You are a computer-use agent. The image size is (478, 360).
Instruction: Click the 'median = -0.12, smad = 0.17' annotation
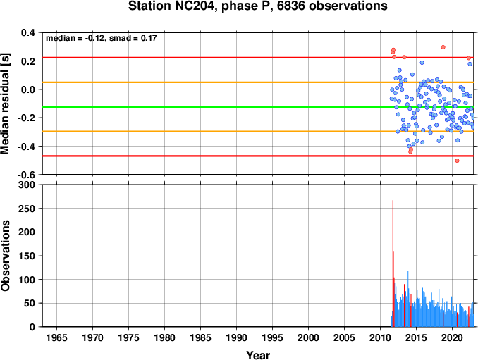[x=102, y=38]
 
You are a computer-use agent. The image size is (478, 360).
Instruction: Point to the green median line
[x=258, y=106]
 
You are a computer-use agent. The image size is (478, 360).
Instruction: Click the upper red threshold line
[x=258, y=58]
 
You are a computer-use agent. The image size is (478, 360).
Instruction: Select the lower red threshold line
[x=258, y=156]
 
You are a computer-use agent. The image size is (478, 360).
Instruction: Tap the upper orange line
[x=258, y=82]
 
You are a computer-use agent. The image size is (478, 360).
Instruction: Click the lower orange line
[x=258, y=131]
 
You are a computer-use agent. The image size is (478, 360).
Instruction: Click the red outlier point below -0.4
[x=457, y=161]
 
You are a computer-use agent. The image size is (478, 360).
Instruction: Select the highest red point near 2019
[x=443, y=47]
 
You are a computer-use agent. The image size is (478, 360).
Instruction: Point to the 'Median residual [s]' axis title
[x=5, y=104]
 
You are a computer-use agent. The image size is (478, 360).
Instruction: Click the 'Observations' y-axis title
[x=5, y=256]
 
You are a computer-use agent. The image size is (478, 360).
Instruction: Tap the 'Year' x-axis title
[x=258, y=355]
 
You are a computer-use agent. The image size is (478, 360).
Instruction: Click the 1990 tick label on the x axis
[x=237, y=337]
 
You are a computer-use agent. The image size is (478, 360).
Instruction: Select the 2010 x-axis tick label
[x=380, y=337]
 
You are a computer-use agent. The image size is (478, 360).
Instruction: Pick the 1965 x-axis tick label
[x=56, y=337]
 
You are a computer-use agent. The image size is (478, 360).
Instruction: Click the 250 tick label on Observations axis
[x=27, y=209]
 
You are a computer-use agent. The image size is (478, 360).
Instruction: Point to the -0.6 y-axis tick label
[x=27, y=175]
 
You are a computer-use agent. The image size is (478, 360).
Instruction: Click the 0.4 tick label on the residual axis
[x=28, y=32]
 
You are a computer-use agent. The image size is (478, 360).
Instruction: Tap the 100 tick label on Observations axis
[x=27, y=279]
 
